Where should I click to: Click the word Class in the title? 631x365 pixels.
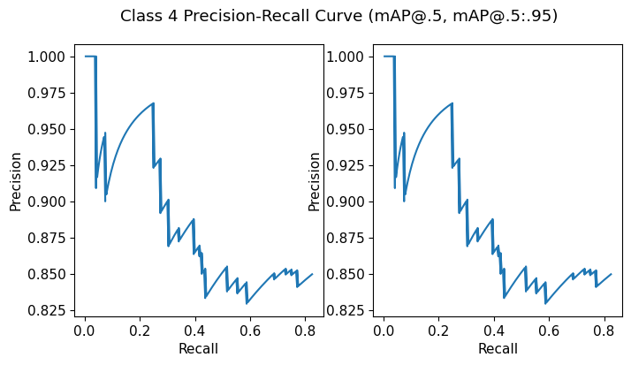140,17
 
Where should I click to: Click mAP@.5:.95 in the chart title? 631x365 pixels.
503,17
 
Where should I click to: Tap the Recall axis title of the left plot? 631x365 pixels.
198,349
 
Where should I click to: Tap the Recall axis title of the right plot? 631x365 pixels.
497,349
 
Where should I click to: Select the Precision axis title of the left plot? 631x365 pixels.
15,181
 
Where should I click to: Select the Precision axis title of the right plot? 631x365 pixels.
314,181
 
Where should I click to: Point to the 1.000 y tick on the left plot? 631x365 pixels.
47,57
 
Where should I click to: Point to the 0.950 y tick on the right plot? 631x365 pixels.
346,129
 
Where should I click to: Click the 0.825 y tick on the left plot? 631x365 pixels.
47,310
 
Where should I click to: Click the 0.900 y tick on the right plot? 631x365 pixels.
346,202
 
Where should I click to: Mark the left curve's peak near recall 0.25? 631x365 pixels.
153,103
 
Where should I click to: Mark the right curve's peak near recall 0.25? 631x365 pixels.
452,103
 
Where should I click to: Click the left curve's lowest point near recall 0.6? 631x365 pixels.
247,303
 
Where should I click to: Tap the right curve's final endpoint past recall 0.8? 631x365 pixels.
611,274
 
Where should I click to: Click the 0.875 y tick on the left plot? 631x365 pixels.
47,238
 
